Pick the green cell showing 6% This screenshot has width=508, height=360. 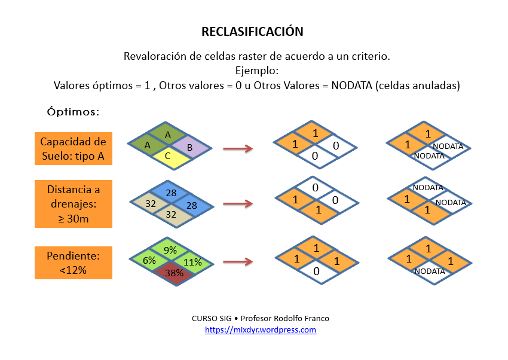149,260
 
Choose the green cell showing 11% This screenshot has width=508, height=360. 192,261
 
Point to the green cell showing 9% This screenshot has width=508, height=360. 170,251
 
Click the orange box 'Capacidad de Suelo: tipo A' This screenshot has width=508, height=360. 73,148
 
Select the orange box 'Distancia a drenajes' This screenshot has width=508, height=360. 73,203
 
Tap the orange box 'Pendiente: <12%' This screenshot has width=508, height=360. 73,263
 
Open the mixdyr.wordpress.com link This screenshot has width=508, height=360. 261,330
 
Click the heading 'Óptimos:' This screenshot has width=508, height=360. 73,112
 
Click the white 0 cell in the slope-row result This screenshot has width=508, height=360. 316,271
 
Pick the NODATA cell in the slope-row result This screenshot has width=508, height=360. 429,271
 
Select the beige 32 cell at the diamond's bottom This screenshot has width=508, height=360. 171,214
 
